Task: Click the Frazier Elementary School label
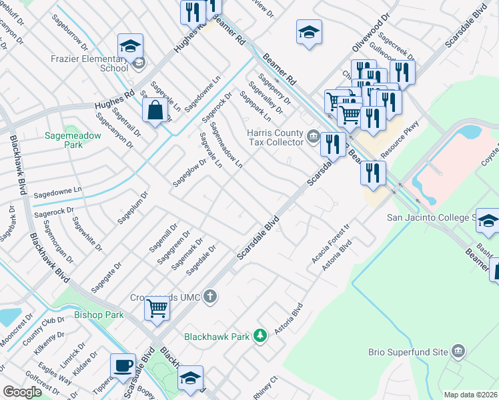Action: click(x=90, y=63)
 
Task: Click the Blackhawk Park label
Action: click(x=217, y=337)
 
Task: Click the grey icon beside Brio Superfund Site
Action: click(x=458, y=351)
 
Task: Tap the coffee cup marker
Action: click(x=123, y=366)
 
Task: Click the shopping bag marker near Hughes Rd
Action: click(x=155, y=111)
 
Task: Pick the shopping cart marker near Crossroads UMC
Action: click(x=157, y=309)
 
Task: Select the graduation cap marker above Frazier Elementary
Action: click(x=130, y=46)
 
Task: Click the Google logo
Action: click(x=22, y=392)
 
